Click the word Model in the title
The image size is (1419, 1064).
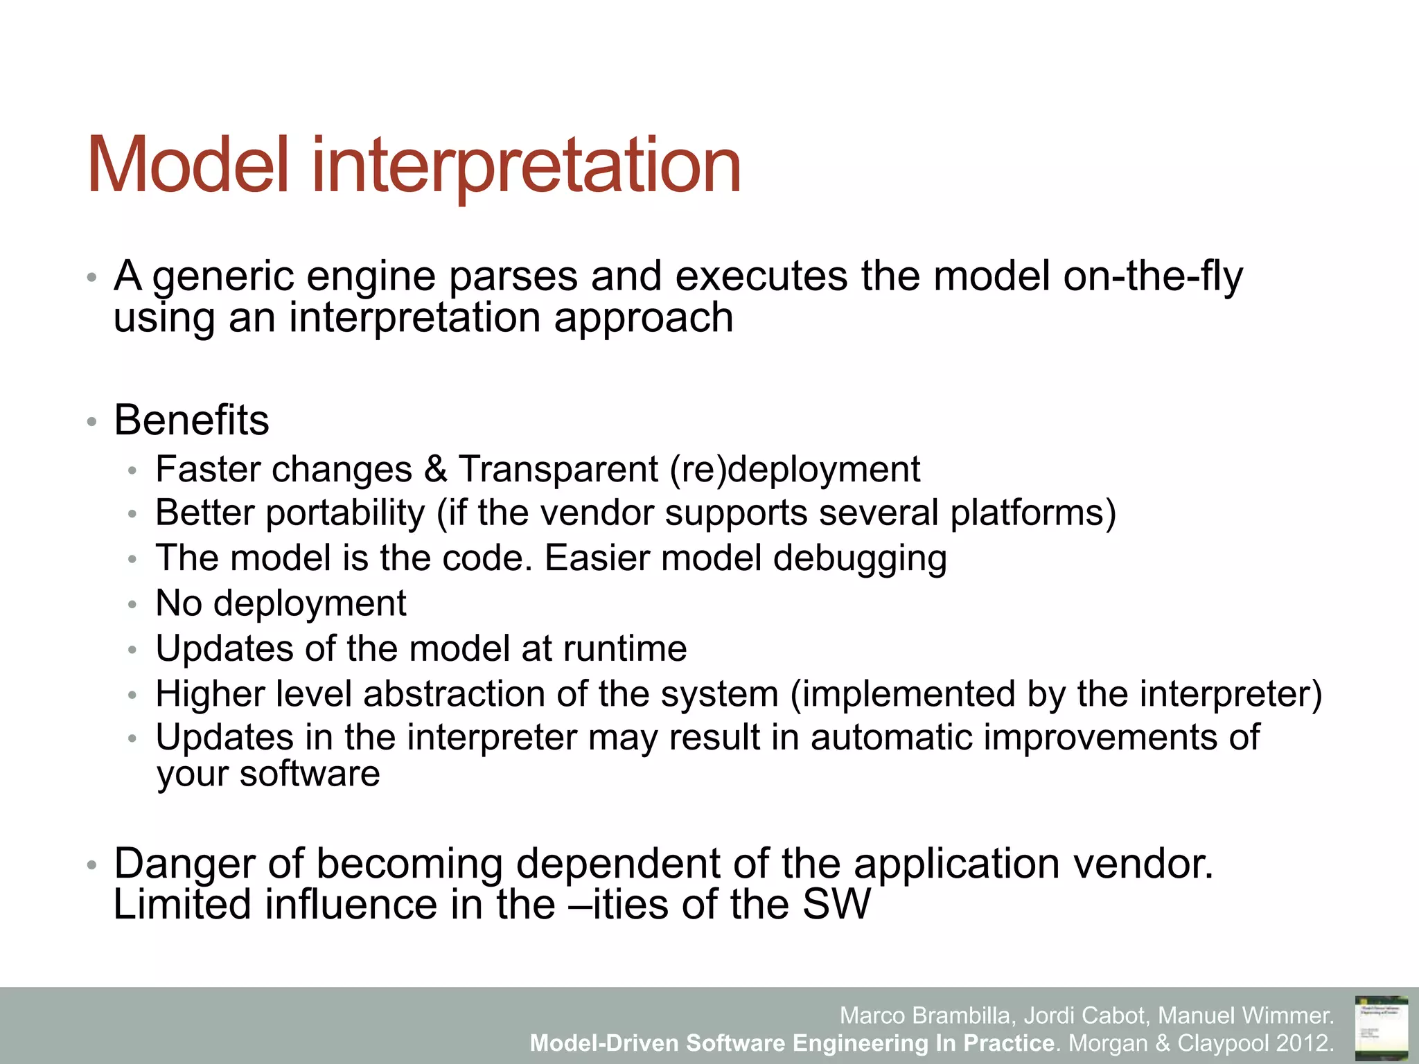click(187, 166)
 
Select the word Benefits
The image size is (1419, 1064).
click(191, 420)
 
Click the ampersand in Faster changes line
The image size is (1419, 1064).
click(435, 469)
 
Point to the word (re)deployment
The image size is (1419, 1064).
click(794, 470)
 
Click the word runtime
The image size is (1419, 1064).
click(625, 649)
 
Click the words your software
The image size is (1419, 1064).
click(268, 774)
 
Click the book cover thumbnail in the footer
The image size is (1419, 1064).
click(1381, 1028)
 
